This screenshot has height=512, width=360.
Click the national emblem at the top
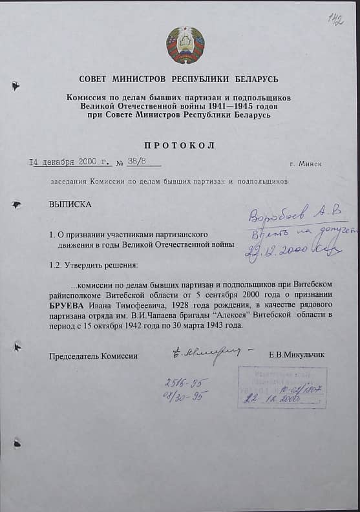(x=185, y=45)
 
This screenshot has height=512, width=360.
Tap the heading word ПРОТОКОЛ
(x=179, y=145)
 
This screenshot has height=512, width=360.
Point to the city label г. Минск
(x=306, y=164)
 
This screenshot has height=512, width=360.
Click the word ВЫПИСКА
(x=70, y=204)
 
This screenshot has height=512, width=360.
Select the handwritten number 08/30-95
(x=182, y=396)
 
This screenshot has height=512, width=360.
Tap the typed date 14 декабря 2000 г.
(x=70, y=163)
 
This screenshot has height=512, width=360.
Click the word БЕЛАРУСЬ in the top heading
(x=253, y=80)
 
